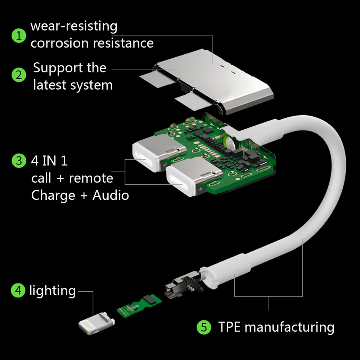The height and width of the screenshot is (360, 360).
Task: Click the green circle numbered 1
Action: (x=19, y=36)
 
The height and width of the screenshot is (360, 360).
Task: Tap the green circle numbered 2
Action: (x=19, y=76)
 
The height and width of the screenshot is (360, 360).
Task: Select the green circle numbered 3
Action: (x=19, y=161)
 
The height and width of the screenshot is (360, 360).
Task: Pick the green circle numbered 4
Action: (x=18, y=290)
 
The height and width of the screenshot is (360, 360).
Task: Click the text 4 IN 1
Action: (x=49, y=161)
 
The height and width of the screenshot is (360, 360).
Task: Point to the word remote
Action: (x=91, y=178)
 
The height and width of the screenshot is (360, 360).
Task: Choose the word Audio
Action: (x=111, y=195)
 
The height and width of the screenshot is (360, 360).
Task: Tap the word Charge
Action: (x=53, y=195)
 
